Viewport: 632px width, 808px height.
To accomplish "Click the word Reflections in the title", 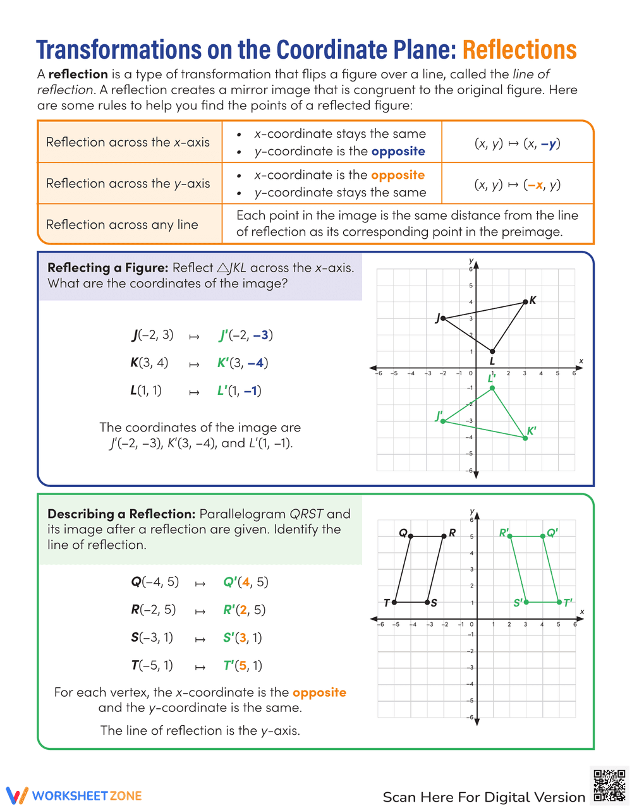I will (519, 50).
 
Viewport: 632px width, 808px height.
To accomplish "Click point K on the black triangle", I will (525, 302).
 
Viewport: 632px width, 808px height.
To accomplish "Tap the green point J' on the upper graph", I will (443, 421).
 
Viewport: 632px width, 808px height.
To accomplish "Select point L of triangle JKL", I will (492, 351).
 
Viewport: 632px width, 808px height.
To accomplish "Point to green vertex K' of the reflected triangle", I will (525, 438).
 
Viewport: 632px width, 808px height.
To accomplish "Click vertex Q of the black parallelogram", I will (411, 536).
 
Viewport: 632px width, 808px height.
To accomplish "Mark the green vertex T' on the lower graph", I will (559, 602).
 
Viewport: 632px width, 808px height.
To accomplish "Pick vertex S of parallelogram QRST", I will (428, 602).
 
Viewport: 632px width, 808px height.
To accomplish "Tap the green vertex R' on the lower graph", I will (510, 536).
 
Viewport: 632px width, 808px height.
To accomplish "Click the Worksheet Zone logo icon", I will (17, 795).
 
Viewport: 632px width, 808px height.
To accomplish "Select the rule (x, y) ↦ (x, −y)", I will (517, 143).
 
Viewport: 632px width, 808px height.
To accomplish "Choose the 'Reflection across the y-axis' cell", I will (128, 184).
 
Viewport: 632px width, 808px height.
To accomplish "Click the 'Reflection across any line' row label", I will (122, 225).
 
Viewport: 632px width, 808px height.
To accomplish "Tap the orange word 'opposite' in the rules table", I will (398, 175).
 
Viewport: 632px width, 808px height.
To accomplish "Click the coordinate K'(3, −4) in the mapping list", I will (243, 363).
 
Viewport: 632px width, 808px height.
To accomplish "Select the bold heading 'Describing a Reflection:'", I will (121, 514).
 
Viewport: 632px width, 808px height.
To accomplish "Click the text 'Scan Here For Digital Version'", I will (483, 797).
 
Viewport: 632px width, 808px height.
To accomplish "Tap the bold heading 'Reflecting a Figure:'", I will (108, 268).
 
